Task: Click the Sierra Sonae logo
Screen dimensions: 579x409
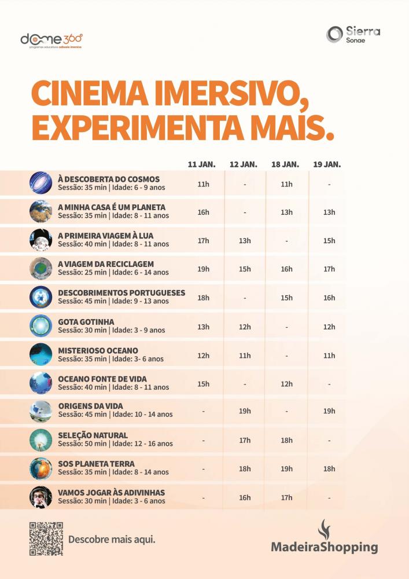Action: tap(353, 34)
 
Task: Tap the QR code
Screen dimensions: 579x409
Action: tap(46, 539)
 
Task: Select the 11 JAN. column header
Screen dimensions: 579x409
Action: tap(201, 164)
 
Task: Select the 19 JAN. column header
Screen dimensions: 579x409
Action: tap(327, 164)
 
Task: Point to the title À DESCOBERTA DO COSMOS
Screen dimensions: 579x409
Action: tap(109, 179)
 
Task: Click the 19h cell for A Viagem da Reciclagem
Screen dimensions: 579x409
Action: tap(203, 269)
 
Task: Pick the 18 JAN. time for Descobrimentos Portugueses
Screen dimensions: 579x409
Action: tap(286, 298)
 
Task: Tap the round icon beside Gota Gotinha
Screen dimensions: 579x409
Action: tap(41, 325)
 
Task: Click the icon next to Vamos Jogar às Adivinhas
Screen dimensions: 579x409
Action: tap(41, 497)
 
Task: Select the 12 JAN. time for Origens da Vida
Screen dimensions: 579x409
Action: tap(245, 411)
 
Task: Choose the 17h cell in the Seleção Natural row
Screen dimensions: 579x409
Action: tap(245, 440)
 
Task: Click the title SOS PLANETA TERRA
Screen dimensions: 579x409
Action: tap(96, 464)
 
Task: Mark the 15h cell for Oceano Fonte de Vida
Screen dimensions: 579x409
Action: tap(203, 384)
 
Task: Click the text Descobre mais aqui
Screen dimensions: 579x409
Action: tap(112, 540)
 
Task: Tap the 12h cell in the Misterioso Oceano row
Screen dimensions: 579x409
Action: tap(203, 356)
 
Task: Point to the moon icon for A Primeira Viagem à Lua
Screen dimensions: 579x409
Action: tap(41, 240)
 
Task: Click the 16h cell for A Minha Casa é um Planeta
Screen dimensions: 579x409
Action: tap(203, 212)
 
